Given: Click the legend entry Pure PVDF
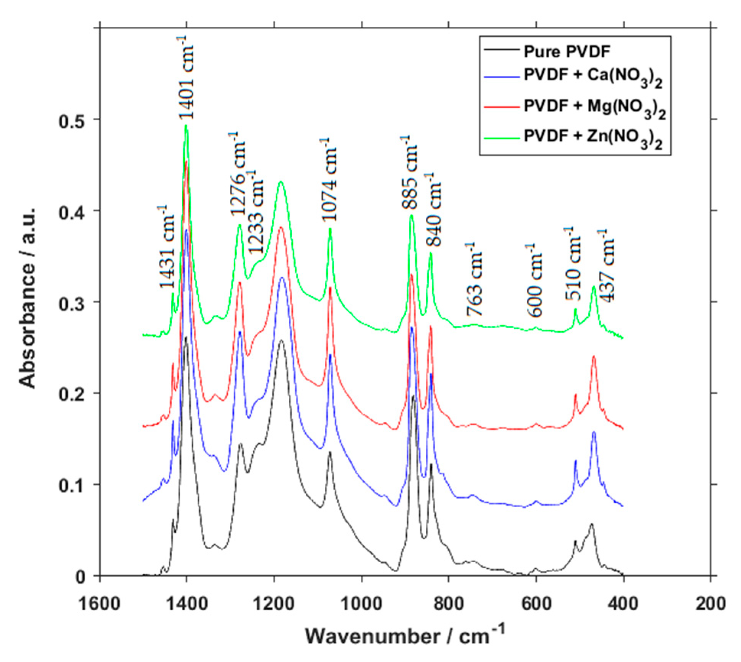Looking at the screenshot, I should pyautogui.click(x=567, y=51).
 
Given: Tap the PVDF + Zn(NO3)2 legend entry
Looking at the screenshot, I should pyautogui.click(x=593, y=137).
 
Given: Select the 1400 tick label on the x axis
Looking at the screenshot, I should pyautogui.click(x=187, y=604).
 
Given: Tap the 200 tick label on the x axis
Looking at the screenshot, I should pyautogui.click(x=710, y=604).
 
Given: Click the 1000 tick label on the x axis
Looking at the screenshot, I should pyautogui.click(x=362, y=604).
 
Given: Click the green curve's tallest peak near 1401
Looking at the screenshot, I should pyautogui.click(x=186, y=125).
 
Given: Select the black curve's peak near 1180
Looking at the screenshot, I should pyautogui.click(x=282, y=340).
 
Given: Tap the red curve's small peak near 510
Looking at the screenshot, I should pyautogui.click(x=575, y=395).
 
